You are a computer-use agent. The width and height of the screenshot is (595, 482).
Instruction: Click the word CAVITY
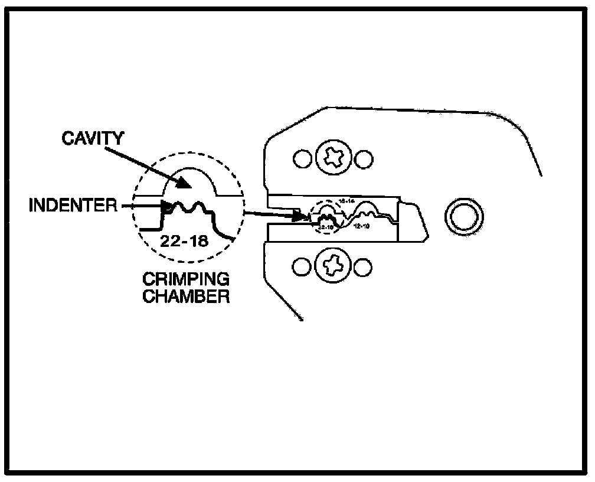[94, 139]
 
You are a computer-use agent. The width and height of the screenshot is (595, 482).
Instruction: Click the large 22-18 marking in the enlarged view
[184, 241]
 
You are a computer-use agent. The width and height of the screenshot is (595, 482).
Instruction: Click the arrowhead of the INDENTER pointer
[166, 207]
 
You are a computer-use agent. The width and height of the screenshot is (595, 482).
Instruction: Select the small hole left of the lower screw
[302, 268]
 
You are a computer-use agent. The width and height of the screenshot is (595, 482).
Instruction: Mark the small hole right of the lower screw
[365, 268]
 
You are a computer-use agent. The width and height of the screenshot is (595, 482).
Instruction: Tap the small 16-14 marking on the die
[343, 201]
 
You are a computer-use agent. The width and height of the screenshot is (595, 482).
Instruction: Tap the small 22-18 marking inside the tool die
[326, 226]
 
